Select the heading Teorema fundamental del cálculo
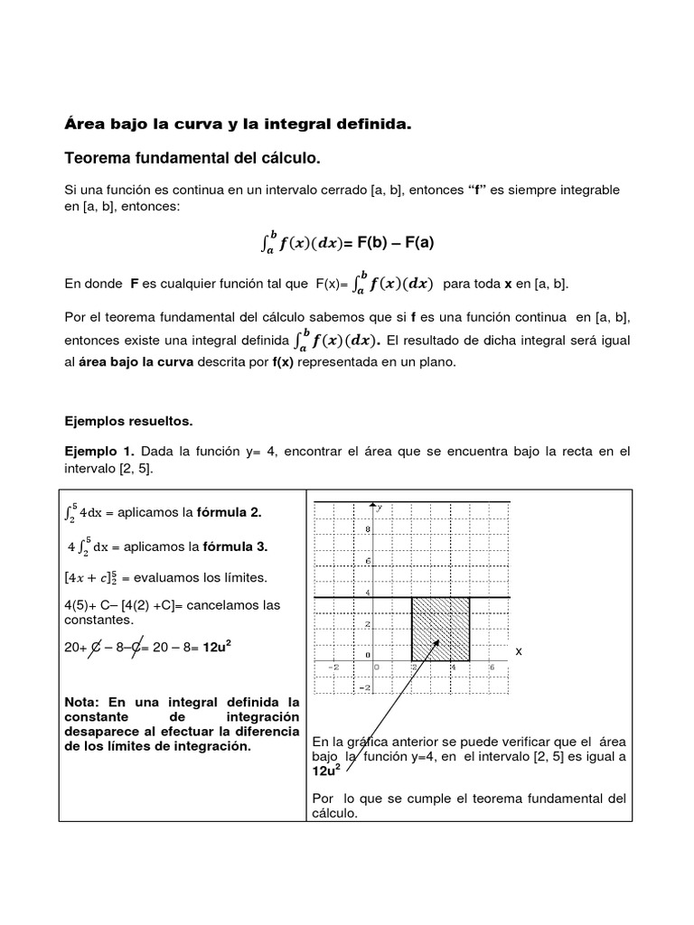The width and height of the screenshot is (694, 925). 192,159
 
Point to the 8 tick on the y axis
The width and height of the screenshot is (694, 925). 369,528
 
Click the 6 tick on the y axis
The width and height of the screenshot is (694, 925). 369,561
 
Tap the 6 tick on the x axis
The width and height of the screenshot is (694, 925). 491,668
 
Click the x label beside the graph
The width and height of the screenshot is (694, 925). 519,651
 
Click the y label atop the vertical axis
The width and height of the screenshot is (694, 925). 380,508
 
